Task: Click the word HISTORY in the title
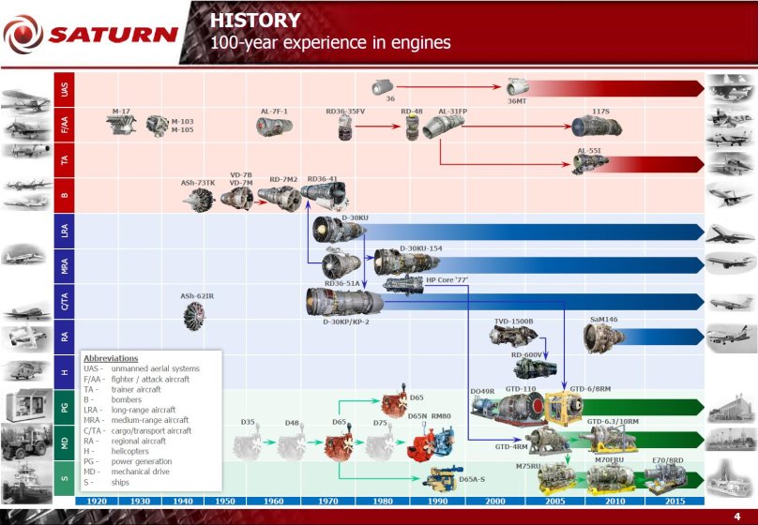(x=255, y=21)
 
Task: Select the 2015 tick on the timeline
(x=675, y=501)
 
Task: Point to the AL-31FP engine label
(x=452, y=112)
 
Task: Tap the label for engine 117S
(x=600, y=112)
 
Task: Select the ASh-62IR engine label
(x=197, y=296)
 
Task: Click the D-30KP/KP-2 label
(x=346, y=322)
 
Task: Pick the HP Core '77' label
(x=447, y=279)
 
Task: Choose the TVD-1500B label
(x=513, y=322)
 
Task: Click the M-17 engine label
(x=120, y=112)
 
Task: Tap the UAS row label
(x=64, y=90)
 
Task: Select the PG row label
(x=64, y=407)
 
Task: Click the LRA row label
(x=64, y=230)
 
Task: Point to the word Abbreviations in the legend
(x=111, y=358)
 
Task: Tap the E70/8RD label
(x=667, y=460)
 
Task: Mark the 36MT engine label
(x=517, y=101)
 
